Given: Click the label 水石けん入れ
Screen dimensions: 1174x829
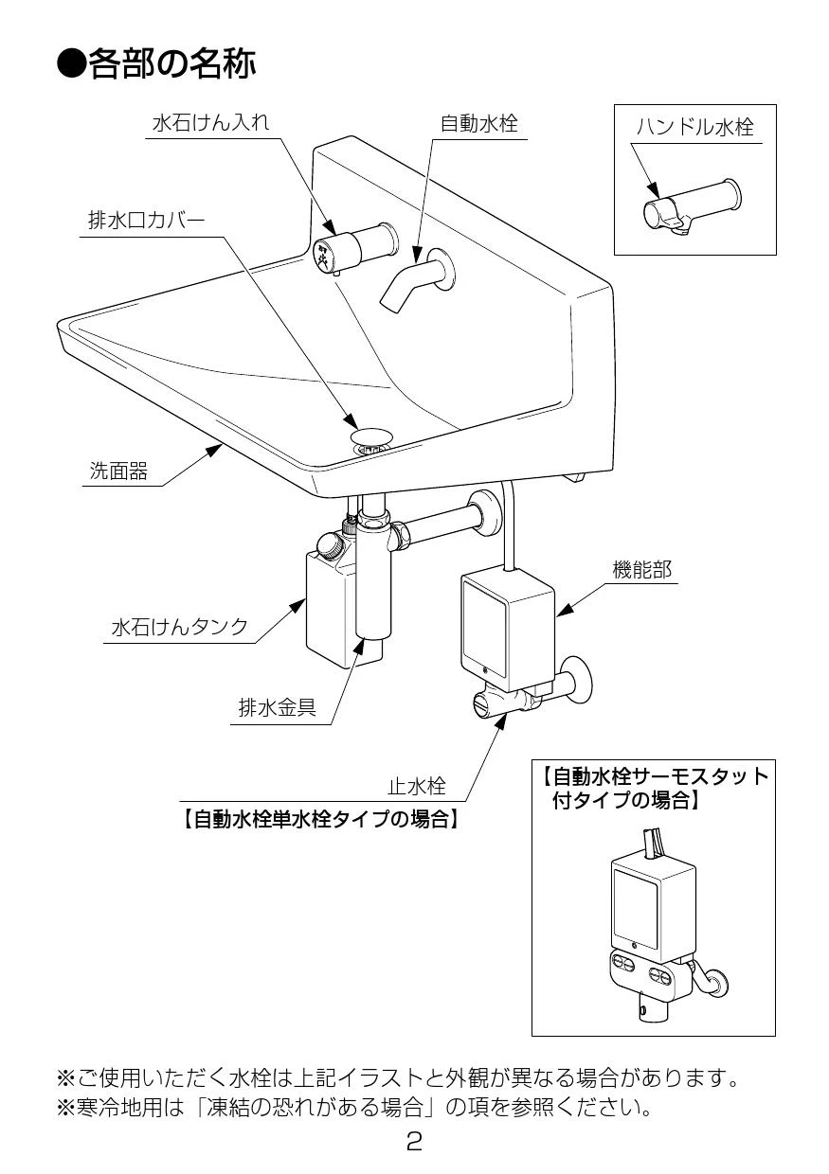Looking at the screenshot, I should [210, 123].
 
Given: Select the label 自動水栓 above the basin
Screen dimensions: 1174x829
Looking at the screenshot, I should [479, 123].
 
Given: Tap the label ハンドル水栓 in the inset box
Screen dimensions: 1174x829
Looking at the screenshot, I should [694, 127].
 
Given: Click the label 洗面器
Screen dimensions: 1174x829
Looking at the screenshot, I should [118, 471].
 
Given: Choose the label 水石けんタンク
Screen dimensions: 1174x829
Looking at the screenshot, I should [180, 627].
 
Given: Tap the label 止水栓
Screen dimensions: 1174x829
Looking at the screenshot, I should [416, 786].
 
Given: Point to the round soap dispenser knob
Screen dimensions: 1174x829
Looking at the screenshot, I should [327, 253].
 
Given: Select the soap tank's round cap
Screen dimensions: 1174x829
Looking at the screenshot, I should [329, 545].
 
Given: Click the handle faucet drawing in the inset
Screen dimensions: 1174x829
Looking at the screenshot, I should [692, 207].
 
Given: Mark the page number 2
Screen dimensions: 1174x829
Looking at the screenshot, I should [414, 1142].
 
